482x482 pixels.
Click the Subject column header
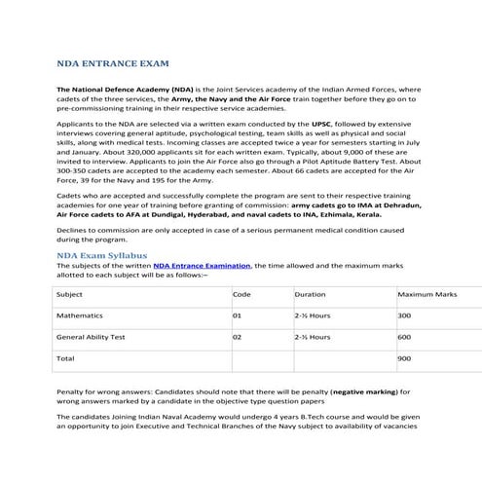point(70,293)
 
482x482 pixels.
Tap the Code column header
point(241,293)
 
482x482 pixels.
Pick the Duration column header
point(310,293)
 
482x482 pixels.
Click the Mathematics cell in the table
point(80,315)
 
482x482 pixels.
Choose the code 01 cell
point(237,315)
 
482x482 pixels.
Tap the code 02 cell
point(237,337)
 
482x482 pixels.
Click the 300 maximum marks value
point(405,315)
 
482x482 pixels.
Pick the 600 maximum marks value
point(405,337)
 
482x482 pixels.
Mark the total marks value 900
point(405,358)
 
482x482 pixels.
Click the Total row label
point(66,358)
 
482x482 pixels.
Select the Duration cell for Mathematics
point(311,315)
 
